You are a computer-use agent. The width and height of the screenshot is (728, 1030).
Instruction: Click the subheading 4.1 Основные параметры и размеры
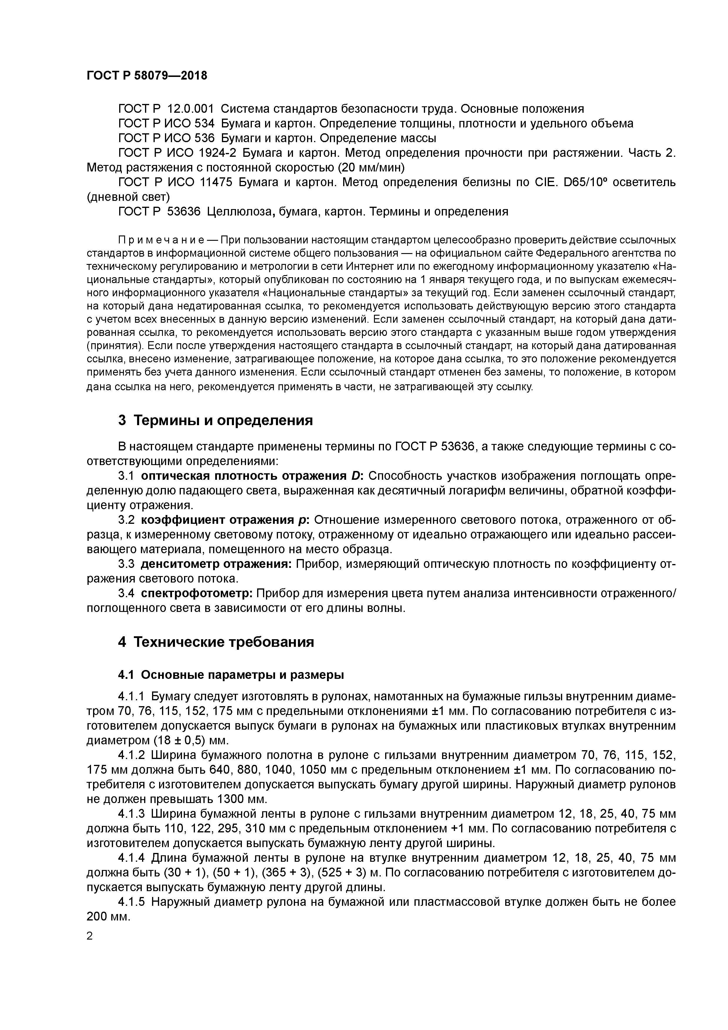[230, 675]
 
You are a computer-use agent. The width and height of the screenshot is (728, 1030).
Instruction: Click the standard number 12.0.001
[191, 109]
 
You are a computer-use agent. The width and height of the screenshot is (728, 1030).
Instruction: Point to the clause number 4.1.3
[132, 814]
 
